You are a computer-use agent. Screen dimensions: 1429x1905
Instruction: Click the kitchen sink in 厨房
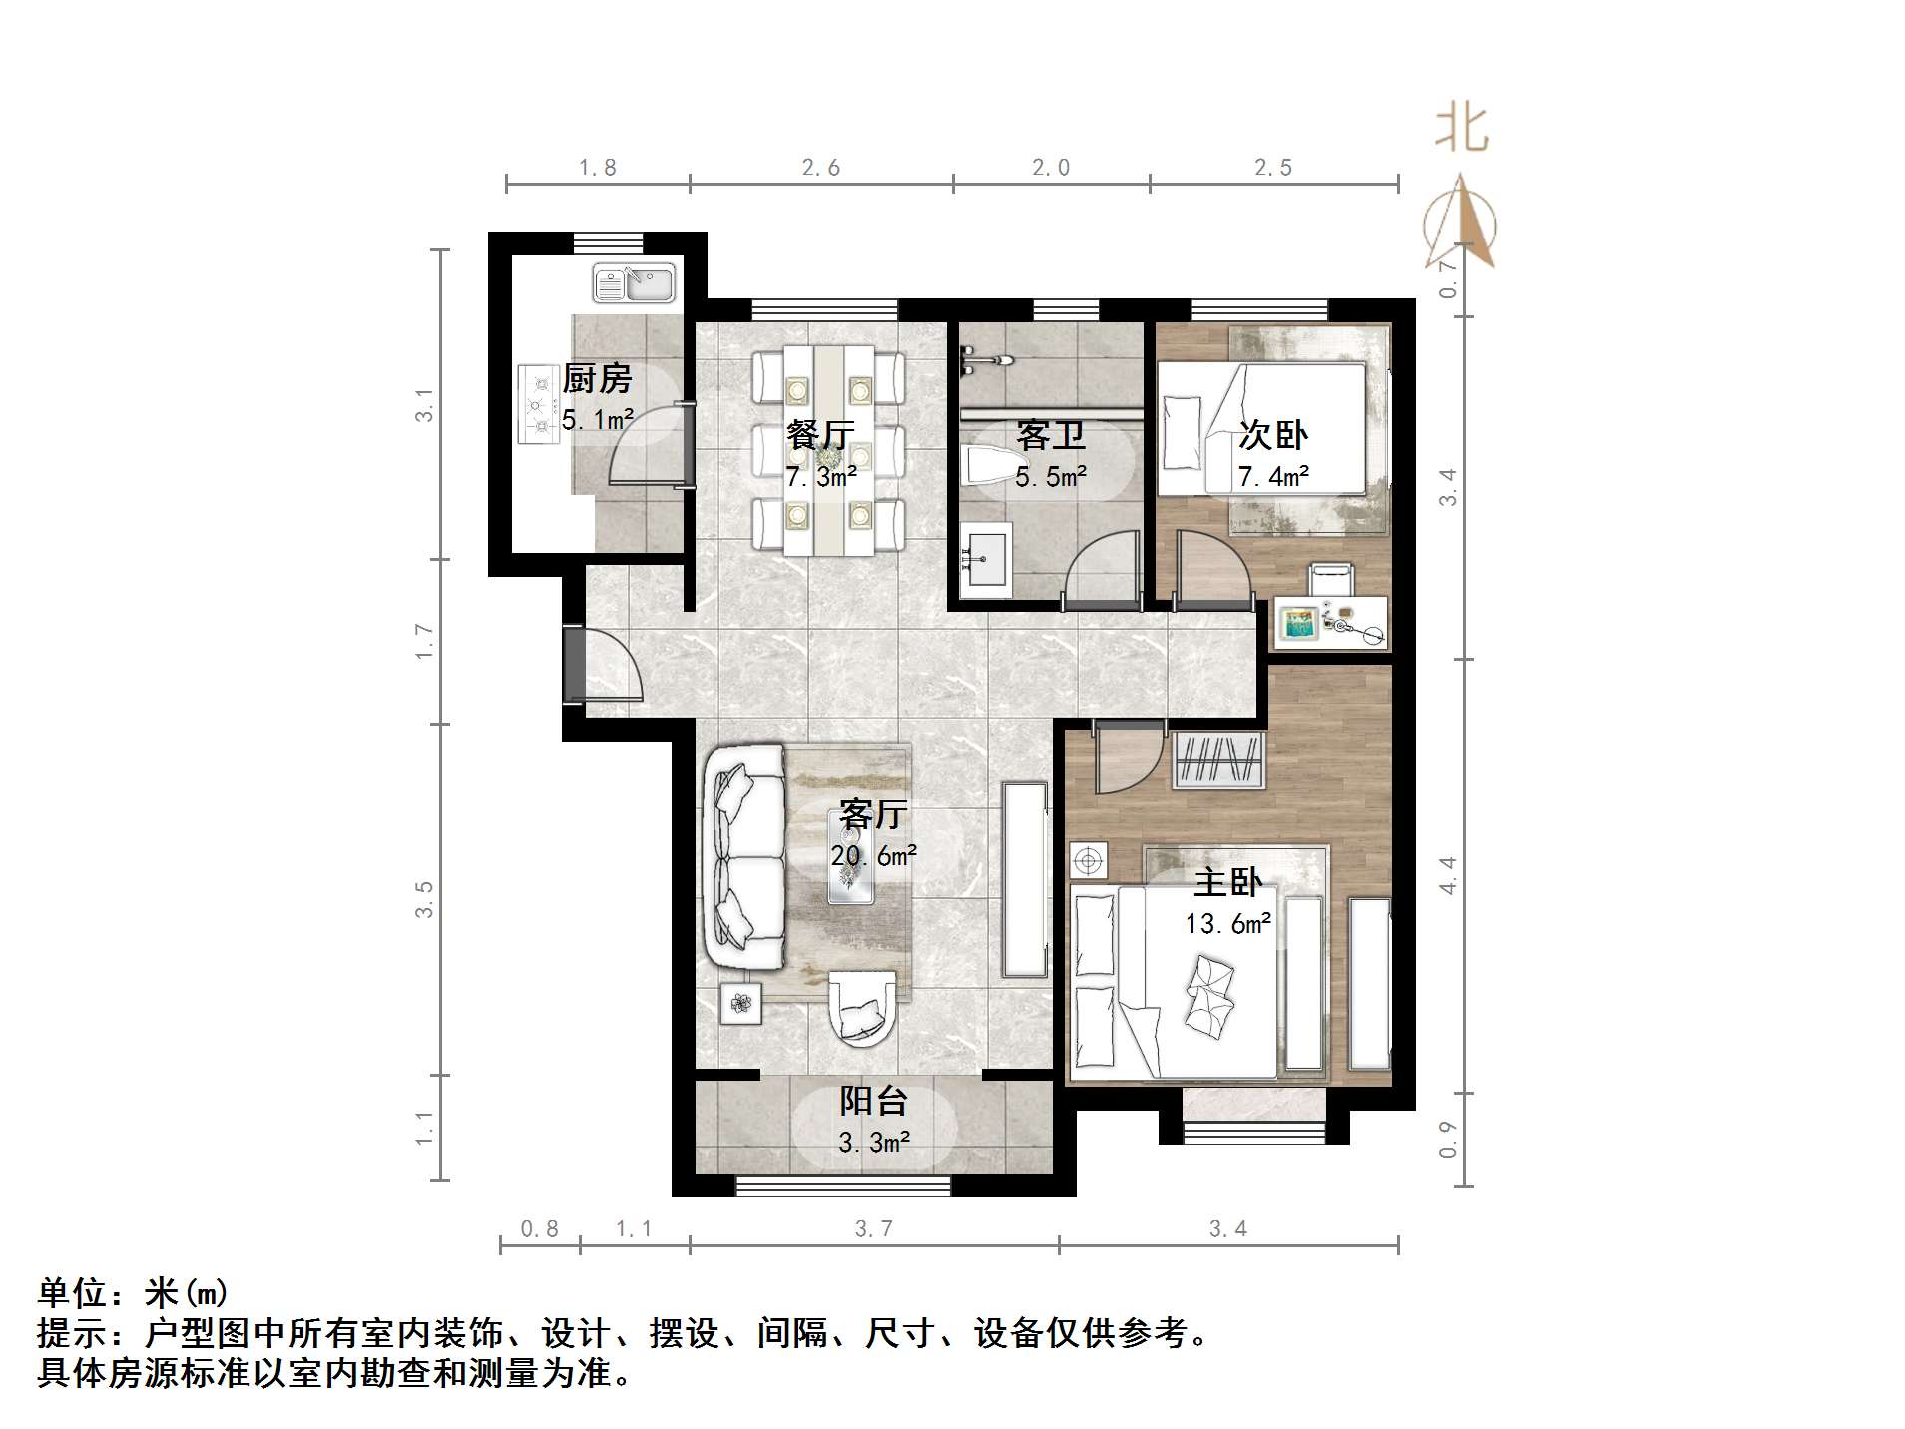coord(634,282)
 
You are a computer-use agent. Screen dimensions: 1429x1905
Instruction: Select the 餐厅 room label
coord(820,435)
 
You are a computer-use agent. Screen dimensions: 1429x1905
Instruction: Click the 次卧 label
coord(1272,435)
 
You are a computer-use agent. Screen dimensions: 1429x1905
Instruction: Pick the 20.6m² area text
coord(873,856)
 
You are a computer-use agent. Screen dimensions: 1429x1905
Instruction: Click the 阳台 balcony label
coord(873,1101)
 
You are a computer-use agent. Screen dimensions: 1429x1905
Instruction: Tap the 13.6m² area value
coord(1227,924)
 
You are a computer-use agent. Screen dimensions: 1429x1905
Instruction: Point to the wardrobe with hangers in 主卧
coord(1217,760)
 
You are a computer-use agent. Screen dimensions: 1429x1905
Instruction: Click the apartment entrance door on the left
coord(575,665)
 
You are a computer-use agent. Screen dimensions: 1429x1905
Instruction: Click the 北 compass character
coord(1461,128)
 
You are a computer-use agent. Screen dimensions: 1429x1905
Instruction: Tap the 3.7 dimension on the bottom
coord(873,1229)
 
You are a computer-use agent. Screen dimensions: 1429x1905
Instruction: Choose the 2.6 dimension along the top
coord(820,168)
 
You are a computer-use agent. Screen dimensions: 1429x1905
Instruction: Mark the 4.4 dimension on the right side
coord(1447,875)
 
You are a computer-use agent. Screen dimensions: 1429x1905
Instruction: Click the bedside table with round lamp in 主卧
coord(1088,860)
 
